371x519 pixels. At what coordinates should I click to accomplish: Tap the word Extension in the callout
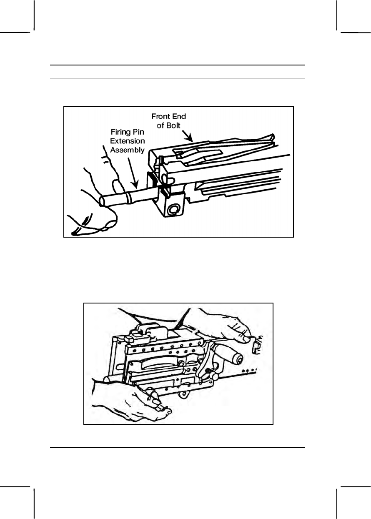pyautogui.click(x=130, y=141)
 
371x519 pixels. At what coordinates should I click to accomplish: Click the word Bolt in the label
pyautogui.click(x=175, y=125)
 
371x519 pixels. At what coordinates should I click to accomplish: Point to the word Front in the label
pyautogui.click(x=160, y=117)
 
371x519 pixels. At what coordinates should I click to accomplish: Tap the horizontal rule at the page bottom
pyautogui.click(x=178, y=448)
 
